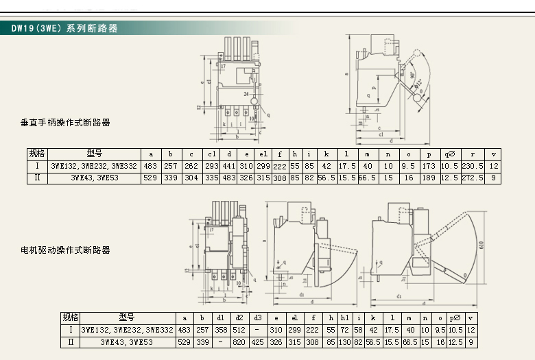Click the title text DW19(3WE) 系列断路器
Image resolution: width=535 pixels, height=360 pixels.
pyautogui.click(x=64, y=29)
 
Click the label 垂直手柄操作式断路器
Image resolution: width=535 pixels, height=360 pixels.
pyautogui.click(x=65, y=123)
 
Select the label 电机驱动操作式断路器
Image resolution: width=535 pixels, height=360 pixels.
pyautogui.click(x=65, y=250)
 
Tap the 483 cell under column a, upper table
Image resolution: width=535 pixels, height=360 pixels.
pyautogui.click(x=150, y=166)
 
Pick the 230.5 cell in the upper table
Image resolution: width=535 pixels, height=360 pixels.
pyautogui.click(x=473, y=166)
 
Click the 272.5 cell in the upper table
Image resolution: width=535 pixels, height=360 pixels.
pyautogui.click(x=473, y=178)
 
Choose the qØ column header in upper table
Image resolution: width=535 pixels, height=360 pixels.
pyautogui.click(x=449, y=154)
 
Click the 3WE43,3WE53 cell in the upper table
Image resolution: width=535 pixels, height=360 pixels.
pyautogui.click(x=94, y=178)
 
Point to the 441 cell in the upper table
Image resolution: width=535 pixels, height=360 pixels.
pyautogui.click(x=229, y=166)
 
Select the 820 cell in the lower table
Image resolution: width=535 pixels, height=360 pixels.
pyautogui.click(x=239, y=341)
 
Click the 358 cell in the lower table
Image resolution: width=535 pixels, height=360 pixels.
pyautogui.click(x=220, y=330)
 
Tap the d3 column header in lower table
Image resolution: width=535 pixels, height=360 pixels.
pyautogui.click(x=257, y=318)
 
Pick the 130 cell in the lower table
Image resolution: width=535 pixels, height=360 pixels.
pyautogui.click(x=345, y=341)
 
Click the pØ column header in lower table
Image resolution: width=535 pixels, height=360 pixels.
pyautogui.click(x=454, y=318)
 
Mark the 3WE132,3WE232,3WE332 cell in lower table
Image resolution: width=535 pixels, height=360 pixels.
pyautogui.click(x=128, y=330)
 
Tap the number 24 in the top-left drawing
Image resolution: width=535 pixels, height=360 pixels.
pyautogui.click(x=246, y=92)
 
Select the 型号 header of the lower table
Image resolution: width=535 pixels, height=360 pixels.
pyautogui.click(x=127, y=318)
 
